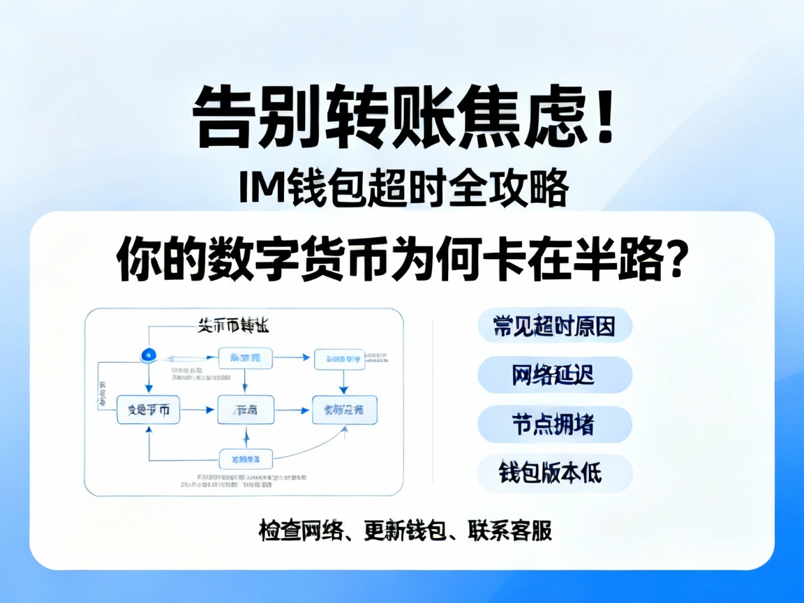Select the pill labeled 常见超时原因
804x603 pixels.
[x=555, y=326]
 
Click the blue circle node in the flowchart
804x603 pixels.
[x=147, y=355]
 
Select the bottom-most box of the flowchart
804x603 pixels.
[x=246, y=459]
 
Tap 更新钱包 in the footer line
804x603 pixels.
[x=405, y=530]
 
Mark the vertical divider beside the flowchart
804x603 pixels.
[x=433, y=401]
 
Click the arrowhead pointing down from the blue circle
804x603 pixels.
[x=148, y=387]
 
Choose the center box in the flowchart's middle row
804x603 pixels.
[x=246, y=410]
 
